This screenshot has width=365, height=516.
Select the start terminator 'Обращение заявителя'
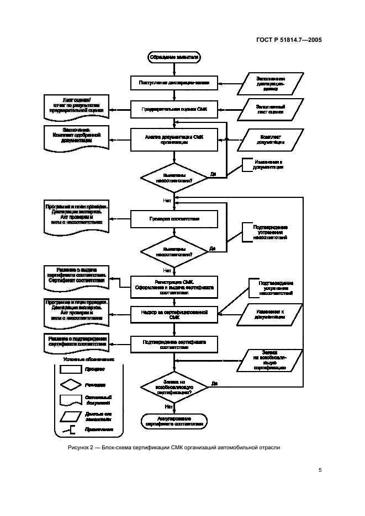click(x=174, y=57)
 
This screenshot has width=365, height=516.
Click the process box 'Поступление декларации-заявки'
click(x=174, y=83)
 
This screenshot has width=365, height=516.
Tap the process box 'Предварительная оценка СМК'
click(x=174, y=109)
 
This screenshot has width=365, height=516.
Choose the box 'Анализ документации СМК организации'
click(x=174, y=138)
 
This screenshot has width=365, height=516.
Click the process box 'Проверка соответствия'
click(x=174, y=218)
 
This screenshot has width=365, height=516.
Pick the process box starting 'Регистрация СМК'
click(x=174, y=286)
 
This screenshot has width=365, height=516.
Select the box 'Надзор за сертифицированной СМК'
click(x=174, y=315)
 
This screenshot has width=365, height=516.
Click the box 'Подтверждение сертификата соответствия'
click(x=174, y=345)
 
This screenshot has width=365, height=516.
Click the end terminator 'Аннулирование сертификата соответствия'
click(x=174, y=421)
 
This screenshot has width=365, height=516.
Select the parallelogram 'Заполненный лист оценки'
click(x=271, y=109)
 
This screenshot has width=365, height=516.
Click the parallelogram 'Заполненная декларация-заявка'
click(x=271, y=83)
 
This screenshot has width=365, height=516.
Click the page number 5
click(x=320, y=470)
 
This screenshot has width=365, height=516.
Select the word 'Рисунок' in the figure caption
click(x=78, y=447)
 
